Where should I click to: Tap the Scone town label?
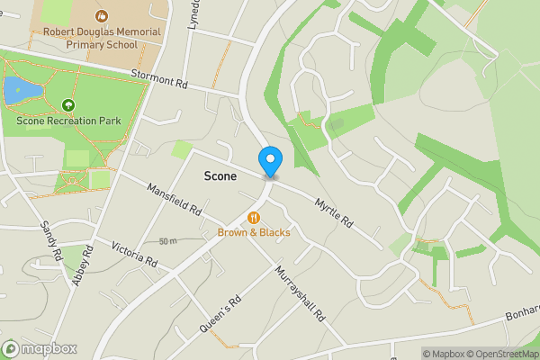coord(220,176)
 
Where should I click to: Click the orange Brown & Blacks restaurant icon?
coord(254,217)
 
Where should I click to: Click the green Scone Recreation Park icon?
coord(67,105)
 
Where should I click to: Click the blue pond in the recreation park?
coord(15,90)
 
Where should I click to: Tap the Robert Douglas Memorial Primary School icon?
coord(102,15)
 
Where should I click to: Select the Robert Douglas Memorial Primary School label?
coord(102,37)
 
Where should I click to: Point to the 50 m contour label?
coord(167,241)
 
